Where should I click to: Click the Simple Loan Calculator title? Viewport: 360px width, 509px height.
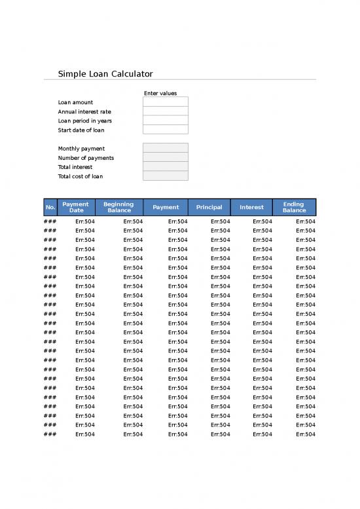coord(105,74)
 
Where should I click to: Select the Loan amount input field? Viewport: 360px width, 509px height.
coord(166,102)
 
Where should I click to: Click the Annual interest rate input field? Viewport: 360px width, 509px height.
coord(166,111)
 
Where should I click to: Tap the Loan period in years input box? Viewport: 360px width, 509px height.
coord(166,121)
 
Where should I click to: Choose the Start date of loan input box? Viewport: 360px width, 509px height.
coord(166,130)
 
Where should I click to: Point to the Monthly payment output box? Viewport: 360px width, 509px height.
coord(166,148)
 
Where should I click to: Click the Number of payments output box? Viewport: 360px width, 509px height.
coord(166,157)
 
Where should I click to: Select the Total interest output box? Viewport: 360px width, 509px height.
coord(166,166)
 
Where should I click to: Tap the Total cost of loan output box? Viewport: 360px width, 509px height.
coord(166,176)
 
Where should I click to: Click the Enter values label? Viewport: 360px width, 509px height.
coord(160,93)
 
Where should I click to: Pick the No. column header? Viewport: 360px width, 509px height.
coord(50,207)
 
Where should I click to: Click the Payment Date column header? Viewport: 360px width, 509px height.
coord(77,207)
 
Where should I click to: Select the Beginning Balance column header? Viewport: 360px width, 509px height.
coord(119,207)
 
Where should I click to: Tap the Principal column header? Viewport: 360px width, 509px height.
coord(209,207)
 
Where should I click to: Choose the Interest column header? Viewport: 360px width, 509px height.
coord(251,207)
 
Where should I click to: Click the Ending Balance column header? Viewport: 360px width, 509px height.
coord(294,207)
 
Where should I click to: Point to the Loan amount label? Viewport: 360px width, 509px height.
coord(75,102)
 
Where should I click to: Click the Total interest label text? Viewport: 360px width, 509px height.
coord(75,167)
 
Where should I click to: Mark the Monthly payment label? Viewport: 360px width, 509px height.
coord(81,149)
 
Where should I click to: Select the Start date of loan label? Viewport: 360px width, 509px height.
coord(81,130)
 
